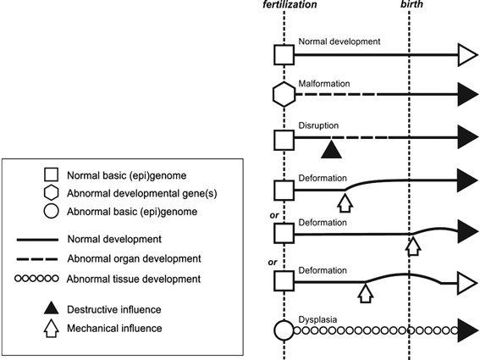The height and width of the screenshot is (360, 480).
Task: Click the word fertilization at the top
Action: (290, 4)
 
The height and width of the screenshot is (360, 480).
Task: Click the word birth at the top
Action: (411, 4)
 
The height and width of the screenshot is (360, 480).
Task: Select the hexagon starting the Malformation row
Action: (284, 94)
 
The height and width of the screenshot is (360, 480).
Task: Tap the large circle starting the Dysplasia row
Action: (284, 330)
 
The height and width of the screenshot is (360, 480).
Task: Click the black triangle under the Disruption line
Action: (331, 150)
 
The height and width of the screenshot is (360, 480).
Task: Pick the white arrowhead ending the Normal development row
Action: (468, 55)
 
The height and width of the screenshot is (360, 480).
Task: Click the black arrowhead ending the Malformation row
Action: (468, 94)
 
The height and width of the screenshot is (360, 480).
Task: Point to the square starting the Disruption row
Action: (284, 140)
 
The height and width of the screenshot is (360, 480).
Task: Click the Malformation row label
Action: (324, 83)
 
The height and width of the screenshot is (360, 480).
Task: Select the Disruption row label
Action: (318, 125)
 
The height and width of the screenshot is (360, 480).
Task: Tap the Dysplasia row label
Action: (317, 319)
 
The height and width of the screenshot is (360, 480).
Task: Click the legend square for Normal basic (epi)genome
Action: (51, 175)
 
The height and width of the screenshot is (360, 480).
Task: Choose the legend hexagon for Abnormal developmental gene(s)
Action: (51, 193)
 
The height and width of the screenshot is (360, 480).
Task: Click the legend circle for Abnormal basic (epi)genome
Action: (51, 211)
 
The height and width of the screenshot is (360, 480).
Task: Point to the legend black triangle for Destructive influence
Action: (52, 308)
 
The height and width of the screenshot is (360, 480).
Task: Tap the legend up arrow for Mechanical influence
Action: (52, 329)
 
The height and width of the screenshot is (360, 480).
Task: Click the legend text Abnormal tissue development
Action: (134, 280)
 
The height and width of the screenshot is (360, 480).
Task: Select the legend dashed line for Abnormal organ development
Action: (37, 259)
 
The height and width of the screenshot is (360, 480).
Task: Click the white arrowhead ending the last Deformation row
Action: (468, 283)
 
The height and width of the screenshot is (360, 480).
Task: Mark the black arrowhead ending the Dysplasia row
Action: (468, 330)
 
